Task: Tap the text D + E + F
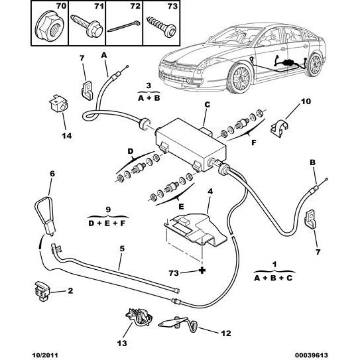(107, 223)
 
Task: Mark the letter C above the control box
(207, 104)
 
